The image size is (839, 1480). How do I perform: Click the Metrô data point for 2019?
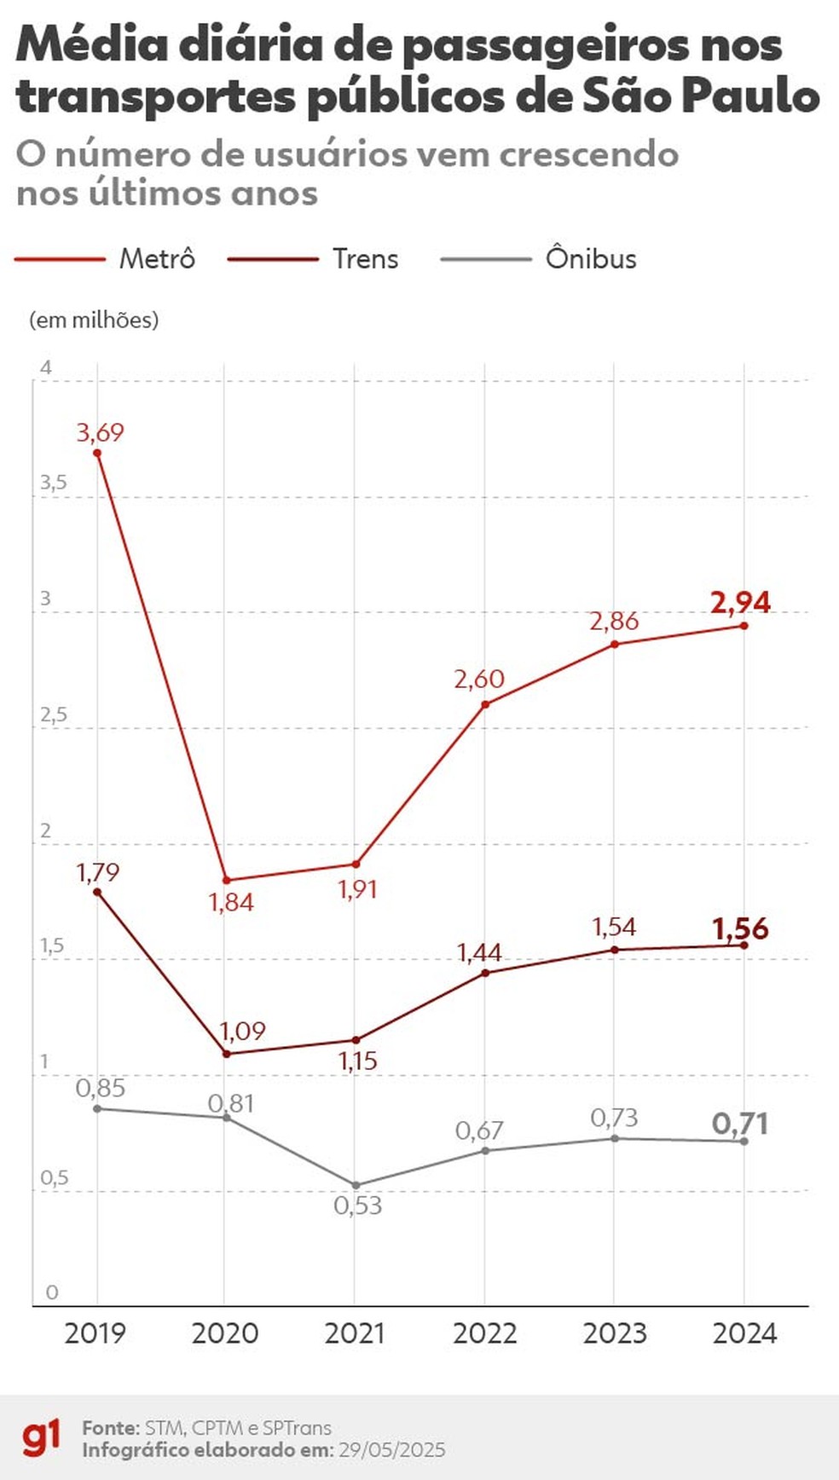click(x=97, y=453)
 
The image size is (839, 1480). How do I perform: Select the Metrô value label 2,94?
click(x=740, y=602)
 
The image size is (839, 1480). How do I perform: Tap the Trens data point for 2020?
click(x=227, y=1054)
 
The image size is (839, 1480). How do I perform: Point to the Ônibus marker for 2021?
click(x=356, y=1185)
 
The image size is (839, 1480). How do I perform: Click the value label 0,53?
click(x=358, y=1205)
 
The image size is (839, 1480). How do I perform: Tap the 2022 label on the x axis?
click(x=484, y=1333)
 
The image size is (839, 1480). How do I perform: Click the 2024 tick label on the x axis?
click(x=744, y=1333)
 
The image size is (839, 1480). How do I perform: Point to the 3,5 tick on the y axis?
click(x=53, y=483)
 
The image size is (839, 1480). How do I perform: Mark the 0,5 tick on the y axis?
click(x=54, y=1178)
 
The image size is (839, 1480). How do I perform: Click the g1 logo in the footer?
click(x=42, y=1438)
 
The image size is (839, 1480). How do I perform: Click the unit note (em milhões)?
click(x=94, y=320)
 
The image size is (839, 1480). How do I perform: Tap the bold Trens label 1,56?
click(x=740, y=928)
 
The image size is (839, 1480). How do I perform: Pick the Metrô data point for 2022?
click(x=485, y=704)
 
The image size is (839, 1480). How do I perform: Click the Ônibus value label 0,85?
click(x=101, y=1088)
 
